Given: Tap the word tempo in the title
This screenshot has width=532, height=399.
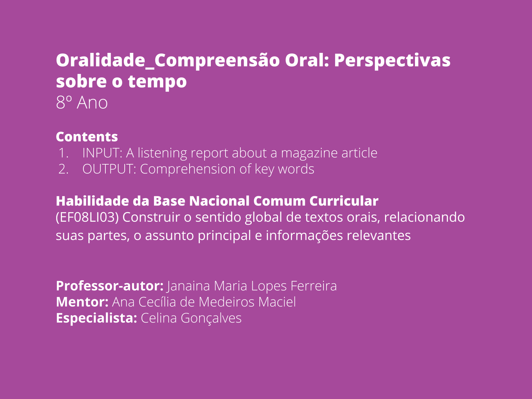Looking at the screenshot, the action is (157, 82).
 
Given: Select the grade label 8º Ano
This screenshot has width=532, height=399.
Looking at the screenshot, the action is (82, 102).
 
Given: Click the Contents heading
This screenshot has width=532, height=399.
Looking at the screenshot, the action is (87, 137).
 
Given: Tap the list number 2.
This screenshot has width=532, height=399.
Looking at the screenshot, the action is (63, 169).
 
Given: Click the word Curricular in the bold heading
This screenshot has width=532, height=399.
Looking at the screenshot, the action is (344, 201).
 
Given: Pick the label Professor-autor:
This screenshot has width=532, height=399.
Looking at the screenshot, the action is (110, 286).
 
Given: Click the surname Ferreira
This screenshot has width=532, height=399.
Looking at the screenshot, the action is (314, 286).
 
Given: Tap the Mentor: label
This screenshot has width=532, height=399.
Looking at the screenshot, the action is (82, 302).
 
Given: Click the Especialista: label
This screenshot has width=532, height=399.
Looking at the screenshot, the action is (97, 318).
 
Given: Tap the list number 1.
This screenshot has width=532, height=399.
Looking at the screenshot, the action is (63, 153).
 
